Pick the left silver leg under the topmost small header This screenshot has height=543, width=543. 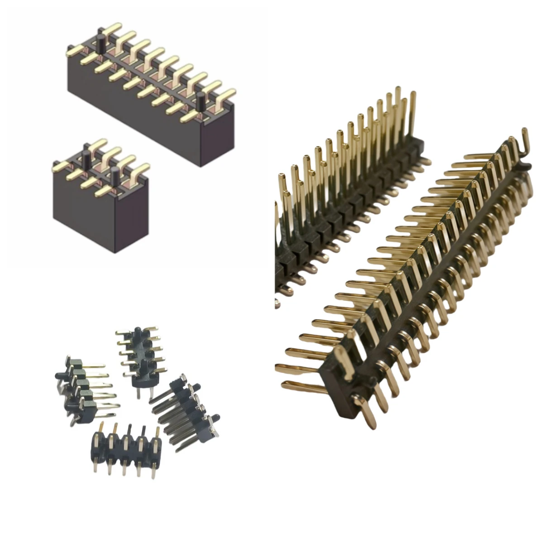click(134, 392)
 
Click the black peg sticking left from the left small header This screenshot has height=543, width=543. click(59, 375)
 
